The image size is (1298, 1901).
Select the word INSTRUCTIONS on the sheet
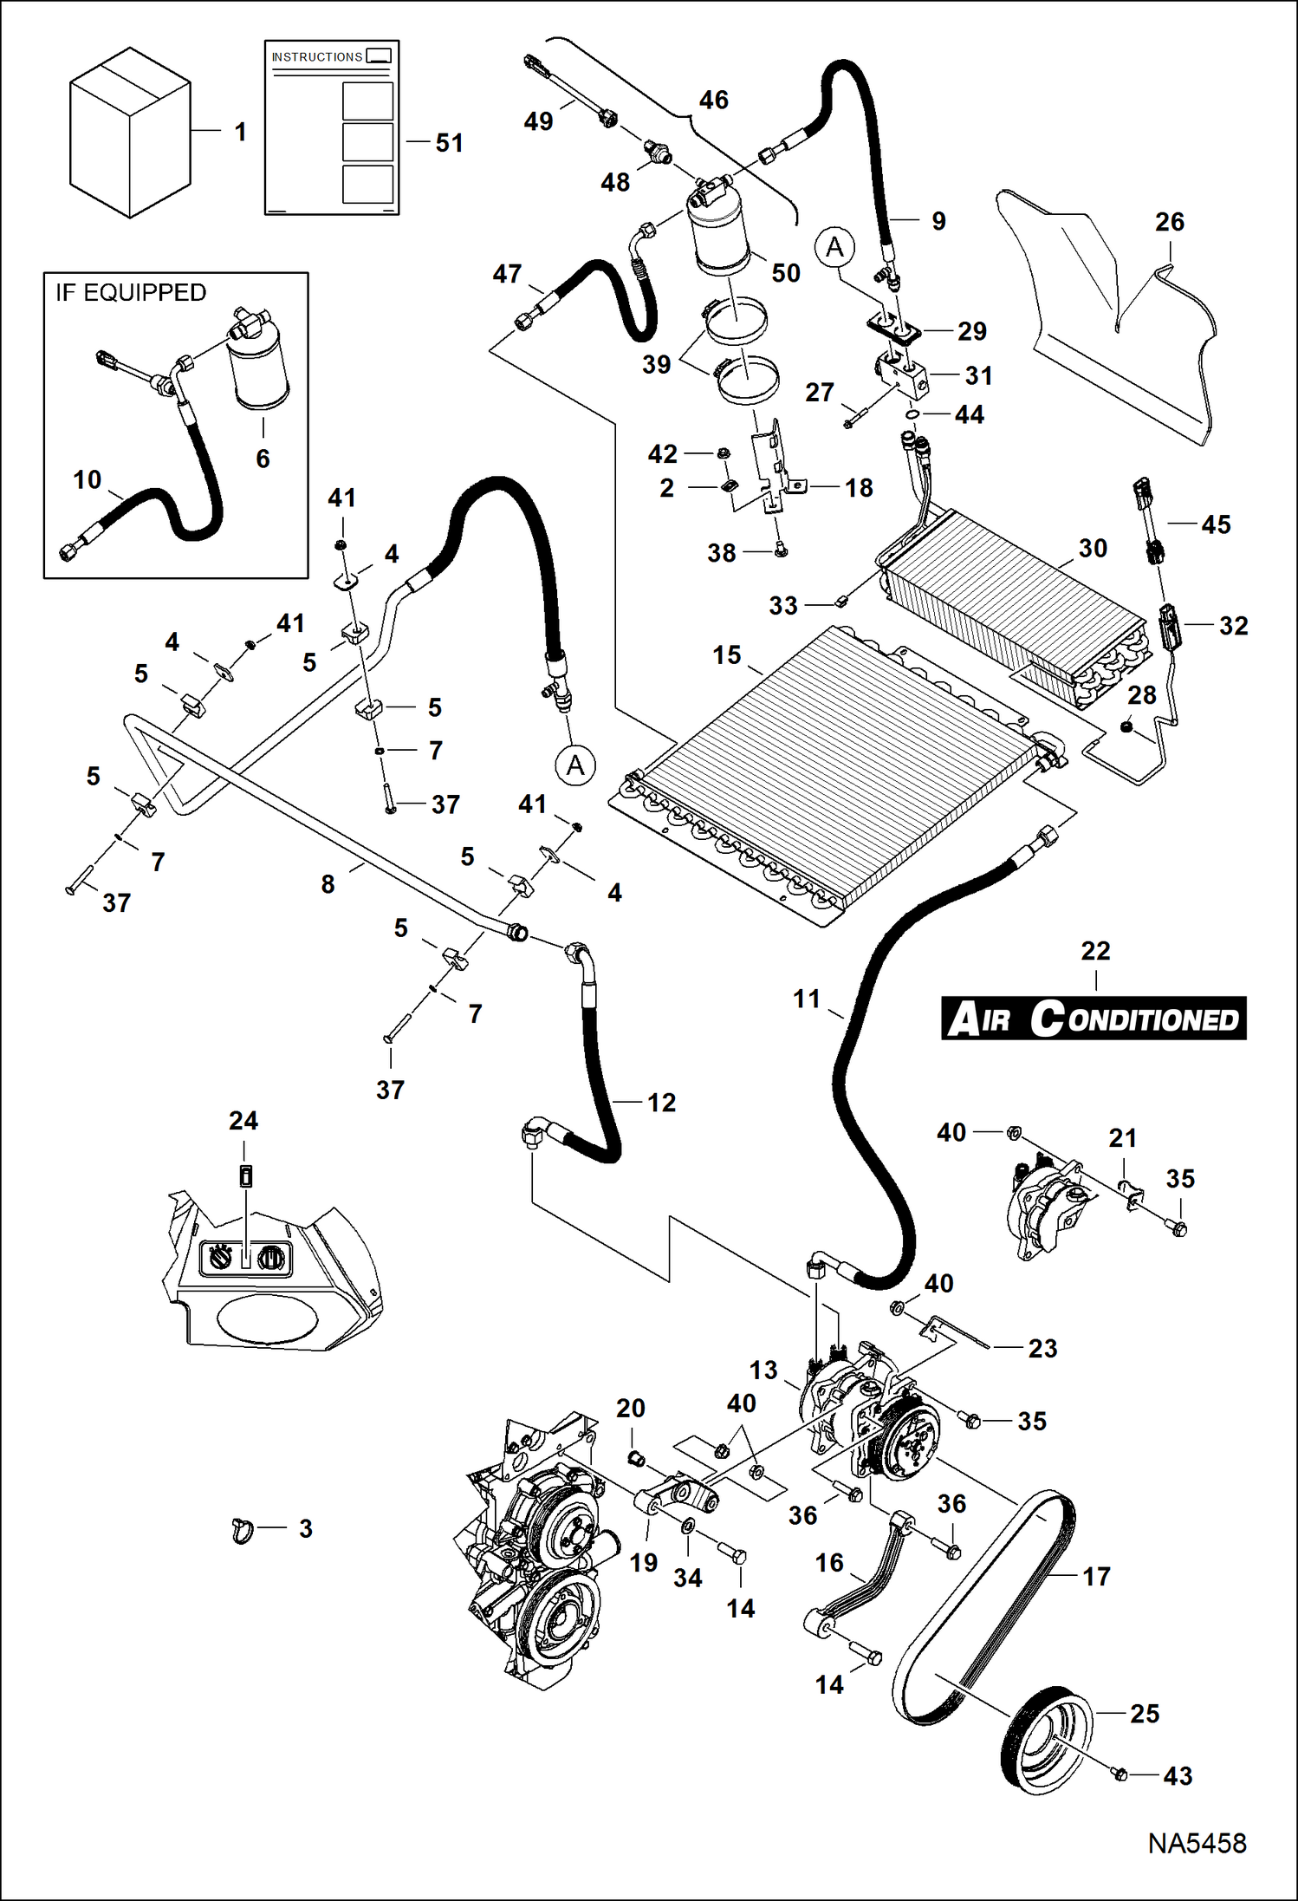click(316, 57)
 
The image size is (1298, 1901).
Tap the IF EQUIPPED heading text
click(131, 293)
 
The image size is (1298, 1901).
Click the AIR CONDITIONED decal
click(1094, 1019)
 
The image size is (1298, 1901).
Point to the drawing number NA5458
click(1197, 1844)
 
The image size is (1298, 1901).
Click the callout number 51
click(449, 143)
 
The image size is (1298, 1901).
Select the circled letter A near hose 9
click(834, 248)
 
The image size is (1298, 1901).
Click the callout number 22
click(1095, 951)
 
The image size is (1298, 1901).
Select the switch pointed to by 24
click(246, 1177)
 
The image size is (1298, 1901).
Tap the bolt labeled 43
click(1119, 1774)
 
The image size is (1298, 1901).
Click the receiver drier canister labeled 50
click(719, 230)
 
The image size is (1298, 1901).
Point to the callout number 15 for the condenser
click(726, 655)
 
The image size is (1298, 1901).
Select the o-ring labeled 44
click(912, 415)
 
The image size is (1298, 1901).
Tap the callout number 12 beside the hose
click(661, 1103)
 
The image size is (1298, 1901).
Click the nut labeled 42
click(724, 453)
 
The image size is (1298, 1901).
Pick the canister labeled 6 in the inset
click(259, 368)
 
